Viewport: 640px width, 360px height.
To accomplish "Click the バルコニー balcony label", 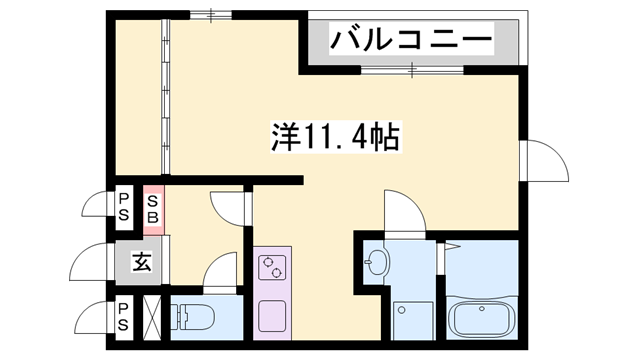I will tap(412, 42).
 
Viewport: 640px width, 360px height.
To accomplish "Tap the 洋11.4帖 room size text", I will tap(334, 136).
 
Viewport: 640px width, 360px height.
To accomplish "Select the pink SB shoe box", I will tap(154, 207).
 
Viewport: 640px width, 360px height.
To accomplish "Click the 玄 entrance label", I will tap(141, 264).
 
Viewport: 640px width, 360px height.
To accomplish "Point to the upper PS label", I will tap(124, 207).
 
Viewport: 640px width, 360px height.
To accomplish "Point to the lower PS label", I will tap(124, 316).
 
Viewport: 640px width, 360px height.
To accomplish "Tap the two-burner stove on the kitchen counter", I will tap(272, 268).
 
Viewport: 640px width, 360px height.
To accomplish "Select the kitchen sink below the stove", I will tap(272, 315).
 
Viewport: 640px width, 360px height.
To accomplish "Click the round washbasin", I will tap(378, 263).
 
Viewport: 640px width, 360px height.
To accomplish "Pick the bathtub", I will tap(482, 319).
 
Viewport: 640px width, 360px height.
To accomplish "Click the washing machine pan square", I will tap(412, 320).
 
